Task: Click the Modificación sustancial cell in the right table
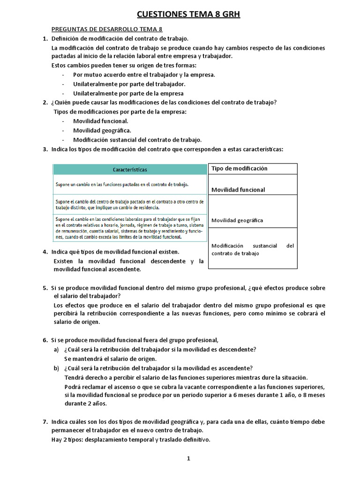click(253, 249)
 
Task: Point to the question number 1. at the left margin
click(45, 38)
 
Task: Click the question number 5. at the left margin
click(45, 287)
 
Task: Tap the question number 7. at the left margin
click(45, 422)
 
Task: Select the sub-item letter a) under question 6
click(57, 350)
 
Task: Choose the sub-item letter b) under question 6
click(57, 367)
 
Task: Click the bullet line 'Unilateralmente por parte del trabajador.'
click(129, 84)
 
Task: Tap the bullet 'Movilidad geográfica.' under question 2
click(102, 130)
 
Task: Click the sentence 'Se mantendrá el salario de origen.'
click(110, 359)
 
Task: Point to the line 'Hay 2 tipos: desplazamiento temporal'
click(131, 440)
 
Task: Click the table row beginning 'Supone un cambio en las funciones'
click(129, 185)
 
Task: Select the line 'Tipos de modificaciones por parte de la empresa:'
click(120, 112)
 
